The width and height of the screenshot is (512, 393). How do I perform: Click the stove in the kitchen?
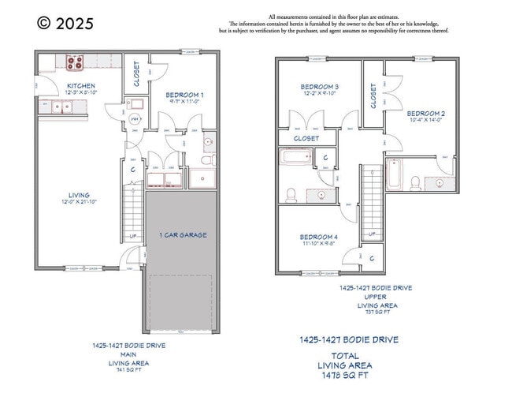click(x=75, y=60)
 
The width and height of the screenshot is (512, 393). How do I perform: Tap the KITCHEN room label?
click(x=81, y=85)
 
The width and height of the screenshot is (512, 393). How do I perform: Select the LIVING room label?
click(x=79, y=195)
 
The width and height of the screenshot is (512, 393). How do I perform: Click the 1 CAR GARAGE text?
click(x=182, y=235)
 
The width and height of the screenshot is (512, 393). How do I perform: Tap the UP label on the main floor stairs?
click(x=132, y=236)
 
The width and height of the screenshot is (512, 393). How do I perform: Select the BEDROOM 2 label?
click(x=426, y=114)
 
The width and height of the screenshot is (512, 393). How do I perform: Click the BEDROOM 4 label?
click(x=319, y=237)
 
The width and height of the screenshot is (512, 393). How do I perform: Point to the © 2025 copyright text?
click(x=65, y=24)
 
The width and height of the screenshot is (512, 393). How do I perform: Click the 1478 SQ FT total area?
click(x=345, y=376)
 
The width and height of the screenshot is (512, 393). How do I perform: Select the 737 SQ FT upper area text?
click(x=378, y=312)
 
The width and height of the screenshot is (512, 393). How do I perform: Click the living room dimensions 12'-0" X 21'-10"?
click(x=79, y=202)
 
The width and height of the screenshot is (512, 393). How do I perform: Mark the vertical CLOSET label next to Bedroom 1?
click(x=137, y=73)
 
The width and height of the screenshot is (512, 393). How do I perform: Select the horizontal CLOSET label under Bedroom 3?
click(x=306, y=138)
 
